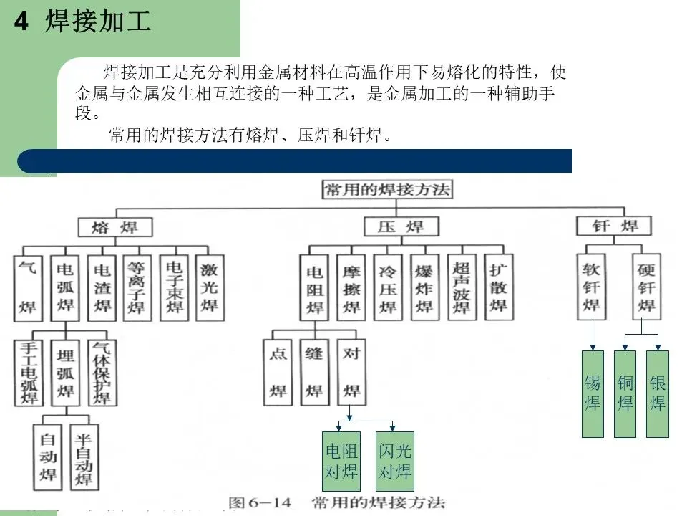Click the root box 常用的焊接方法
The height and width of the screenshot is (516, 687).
coord(386,189)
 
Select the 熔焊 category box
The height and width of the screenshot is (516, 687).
coord(115,227)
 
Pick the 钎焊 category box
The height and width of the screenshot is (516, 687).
coord(615,226)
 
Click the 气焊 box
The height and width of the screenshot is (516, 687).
coord(28,287)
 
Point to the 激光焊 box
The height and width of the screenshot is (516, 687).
coord(209,287)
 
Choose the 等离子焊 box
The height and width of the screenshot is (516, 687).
coord(136,287)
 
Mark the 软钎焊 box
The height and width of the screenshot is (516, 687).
coord(592,287)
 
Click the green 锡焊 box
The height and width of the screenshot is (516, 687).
coord(593,393)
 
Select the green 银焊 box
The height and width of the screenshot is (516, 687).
coord(658,393)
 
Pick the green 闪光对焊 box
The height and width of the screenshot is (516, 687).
coord(395,461)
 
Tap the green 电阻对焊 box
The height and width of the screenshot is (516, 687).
coord(341,461)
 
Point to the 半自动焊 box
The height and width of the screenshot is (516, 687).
coord(84,457)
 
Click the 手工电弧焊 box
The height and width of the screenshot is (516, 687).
coord(29,372)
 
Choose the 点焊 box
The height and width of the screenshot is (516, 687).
coord(277,372)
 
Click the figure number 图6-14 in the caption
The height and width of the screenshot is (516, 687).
coord(260,502)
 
